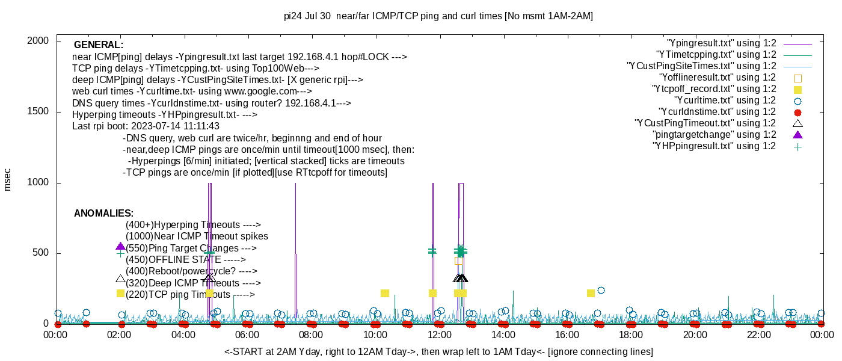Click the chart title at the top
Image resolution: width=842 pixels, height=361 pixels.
(x=438, y=16)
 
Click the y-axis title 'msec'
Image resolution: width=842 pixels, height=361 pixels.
(x=7, y=179)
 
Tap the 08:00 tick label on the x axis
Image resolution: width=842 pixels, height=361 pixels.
(x=311, y=335)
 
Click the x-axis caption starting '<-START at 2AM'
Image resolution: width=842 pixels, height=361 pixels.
(x=438, y=351)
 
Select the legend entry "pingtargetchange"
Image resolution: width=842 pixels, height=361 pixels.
(x=714, y=135)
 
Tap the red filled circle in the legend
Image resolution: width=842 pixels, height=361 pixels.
(x=798, y=112)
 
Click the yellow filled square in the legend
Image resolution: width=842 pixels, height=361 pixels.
(x=798, y=89)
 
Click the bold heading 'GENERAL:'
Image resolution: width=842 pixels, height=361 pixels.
(x=99, y=45)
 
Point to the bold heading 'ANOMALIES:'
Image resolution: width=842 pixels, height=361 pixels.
(x=103, y=214)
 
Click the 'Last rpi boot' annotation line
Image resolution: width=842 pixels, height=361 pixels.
(x=146, y=126)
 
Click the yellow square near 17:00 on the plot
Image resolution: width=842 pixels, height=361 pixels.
(x=591, y=293)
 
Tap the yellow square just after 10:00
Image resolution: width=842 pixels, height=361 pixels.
(x=385, y=293)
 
